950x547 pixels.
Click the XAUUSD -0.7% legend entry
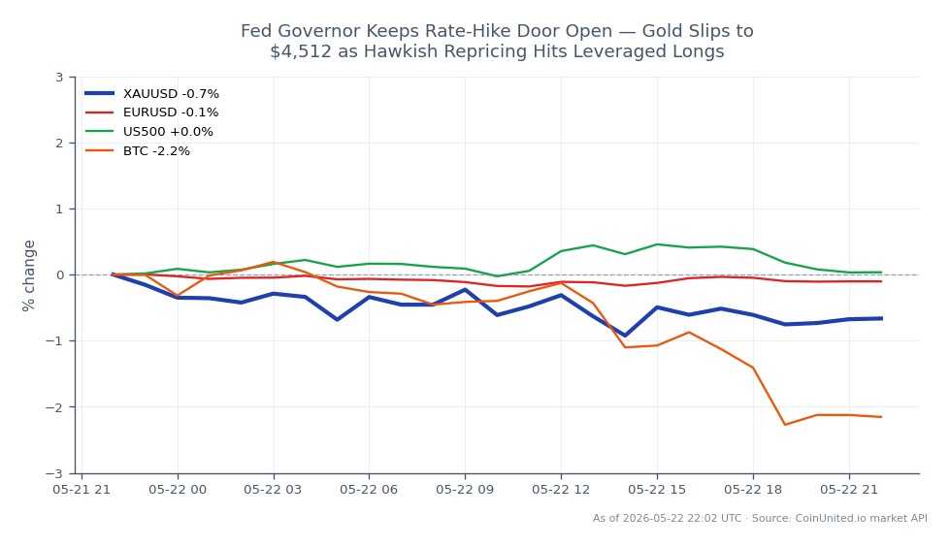click(x=152, y=94)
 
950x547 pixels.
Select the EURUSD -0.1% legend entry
click(x=152, y=113)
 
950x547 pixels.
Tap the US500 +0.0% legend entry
click(x=149, y=132)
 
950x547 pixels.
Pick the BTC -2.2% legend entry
click(x=138, y=151)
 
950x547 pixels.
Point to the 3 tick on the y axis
click(x=59, y=77)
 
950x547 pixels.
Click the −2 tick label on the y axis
click(x=54, y=407)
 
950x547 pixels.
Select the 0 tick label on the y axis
click(x=59, y=275)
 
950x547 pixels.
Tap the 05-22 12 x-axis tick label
click(x=561, y=490)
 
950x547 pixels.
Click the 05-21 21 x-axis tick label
click(x=82, y=490)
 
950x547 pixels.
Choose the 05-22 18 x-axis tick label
click(x=753, y=490)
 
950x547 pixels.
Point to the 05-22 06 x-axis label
click(x=369, y=490)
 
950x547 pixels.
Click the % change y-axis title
click(x=28, y=275)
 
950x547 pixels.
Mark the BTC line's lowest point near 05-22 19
click(x=785, y=425)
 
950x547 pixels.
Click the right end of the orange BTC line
click(x=881, y=417)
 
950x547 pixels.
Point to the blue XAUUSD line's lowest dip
click(x=625, y=336)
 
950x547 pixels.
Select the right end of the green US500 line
click(x=881, y=272)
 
